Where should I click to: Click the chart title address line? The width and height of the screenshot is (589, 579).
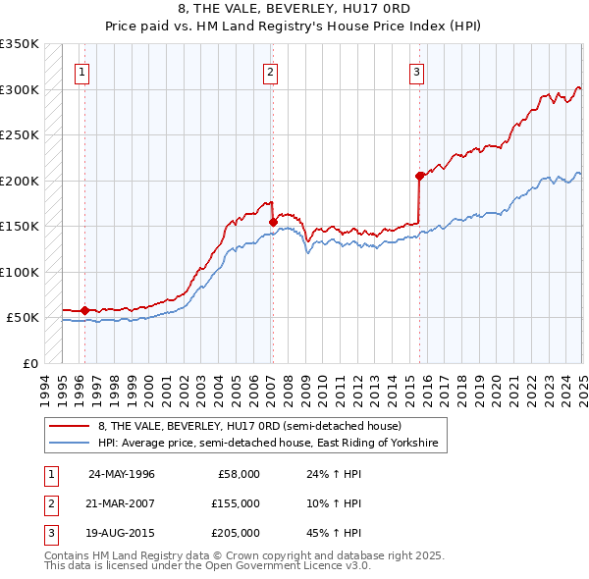click(x=294, y=10)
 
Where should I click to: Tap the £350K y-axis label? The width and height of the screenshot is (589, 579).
click(x=20, y=44)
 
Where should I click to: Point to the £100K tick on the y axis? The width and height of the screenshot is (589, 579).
click(x=20, y=272)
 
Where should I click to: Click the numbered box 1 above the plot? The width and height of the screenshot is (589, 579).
click(x=81, y=71)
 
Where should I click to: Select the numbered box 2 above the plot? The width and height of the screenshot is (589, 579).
click(x=269, y=71)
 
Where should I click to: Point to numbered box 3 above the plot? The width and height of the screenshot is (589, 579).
click(x=416, y=71)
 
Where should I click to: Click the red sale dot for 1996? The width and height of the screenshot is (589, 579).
click(x=85, y=311)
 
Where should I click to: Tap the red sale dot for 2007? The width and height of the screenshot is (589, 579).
click(x=273, y=223)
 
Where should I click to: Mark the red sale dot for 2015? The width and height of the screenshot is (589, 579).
click(x=420, y=177)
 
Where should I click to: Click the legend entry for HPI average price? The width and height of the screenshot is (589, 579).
click(x=272, y=444)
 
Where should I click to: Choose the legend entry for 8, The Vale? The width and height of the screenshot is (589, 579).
click(x=249, y=427)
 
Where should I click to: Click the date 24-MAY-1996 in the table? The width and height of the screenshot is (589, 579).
click(x=122, y=474)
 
